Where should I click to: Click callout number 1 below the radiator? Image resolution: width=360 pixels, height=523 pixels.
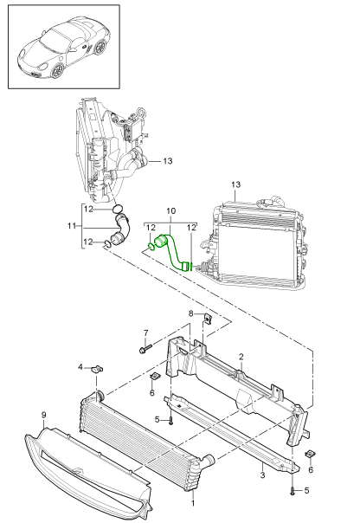(193, 503)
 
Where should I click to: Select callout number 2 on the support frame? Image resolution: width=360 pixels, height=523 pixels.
(241, 357)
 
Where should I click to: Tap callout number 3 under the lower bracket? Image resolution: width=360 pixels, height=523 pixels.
(262, 475)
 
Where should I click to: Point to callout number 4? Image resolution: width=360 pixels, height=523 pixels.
(80, 367)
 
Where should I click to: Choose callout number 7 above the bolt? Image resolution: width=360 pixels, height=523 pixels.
(145, 333)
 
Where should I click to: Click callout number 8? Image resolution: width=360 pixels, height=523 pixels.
(191, 313)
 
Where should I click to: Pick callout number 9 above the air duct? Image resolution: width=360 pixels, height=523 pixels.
(43, 415)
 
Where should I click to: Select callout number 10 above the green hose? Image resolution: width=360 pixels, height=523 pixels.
(170, 211)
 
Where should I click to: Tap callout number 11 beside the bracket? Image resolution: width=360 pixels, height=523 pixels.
(72, 226)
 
